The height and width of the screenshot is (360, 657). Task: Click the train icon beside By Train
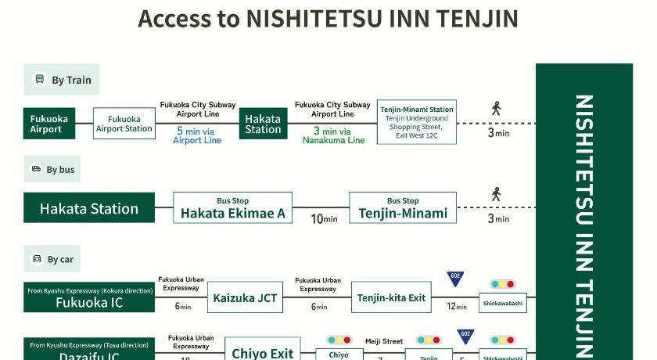point(40,79)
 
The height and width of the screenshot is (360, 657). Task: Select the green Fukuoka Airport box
point(49,124)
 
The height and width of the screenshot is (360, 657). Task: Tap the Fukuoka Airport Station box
point(124,124)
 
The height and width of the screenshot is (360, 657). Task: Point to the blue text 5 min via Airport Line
point(197,135)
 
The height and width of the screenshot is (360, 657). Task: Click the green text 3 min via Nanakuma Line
point(334,135)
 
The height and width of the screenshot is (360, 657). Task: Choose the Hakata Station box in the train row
point(263,124)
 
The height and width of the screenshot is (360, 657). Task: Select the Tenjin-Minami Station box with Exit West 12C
point(417,121)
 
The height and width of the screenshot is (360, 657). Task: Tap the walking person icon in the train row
point(496,109)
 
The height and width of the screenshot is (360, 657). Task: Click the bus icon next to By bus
point(36,169)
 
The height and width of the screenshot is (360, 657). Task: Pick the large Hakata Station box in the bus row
point(89,208)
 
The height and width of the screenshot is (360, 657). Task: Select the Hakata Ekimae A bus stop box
point(233,208)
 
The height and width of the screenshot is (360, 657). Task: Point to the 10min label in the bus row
point(324,219)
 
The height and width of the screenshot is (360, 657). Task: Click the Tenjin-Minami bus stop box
point(403,208)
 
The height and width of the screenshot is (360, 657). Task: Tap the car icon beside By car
point(37,259)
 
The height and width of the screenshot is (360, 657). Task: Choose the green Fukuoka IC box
point(89,297)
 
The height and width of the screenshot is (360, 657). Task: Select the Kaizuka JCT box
point(246,297)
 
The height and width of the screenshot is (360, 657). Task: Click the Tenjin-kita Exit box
point(391,297)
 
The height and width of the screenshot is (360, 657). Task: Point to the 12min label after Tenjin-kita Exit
point(457,307)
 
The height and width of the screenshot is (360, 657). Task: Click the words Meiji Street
point(384,341)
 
